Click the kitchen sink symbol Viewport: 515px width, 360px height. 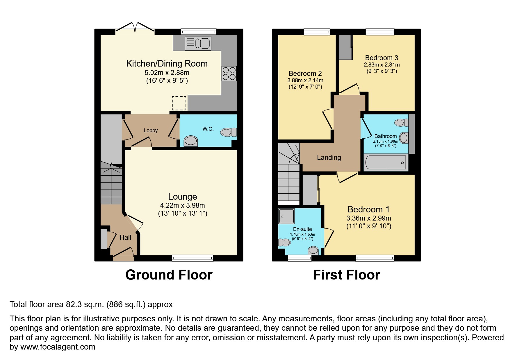[x=198, y=43]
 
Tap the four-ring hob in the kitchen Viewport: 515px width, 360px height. [x=229, y=74]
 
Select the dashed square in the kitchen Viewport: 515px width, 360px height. [x=179, y=103]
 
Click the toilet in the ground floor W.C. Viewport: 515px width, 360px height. [x=228, y=132]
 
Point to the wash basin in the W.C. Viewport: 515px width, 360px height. [x=191, y=141]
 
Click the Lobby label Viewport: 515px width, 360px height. [x=151, y=130]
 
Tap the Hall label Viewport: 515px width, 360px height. [x=125, y=237]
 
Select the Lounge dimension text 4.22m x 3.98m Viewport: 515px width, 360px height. [x=182, y=205]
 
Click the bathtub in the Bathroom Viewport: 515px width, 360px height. [x=386, y=162]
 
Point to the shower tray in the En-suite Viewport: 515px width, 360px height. [x=286, y=216]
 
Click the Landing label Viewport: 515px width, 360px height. [x=329, y=157]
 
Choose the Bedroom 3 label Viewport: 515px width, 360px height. [x=382, y=58]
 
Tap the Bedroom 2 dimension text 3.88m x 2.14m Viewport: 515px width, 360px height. [x=305, y=80]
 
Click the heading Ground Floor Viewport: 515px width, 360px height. [x=169, y=275]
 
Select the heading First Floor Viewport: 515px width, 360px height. [x=346, y=275]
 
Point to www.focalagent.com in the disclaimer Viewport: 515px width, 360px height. [x=58, y=347]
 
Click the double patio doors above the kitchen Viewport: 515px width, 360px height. [x=135, y=28]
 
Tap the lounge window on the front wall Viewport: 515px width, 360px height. [x=193, y=258]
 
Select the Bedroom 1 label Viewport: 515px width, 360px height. [x=368, y=209]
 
